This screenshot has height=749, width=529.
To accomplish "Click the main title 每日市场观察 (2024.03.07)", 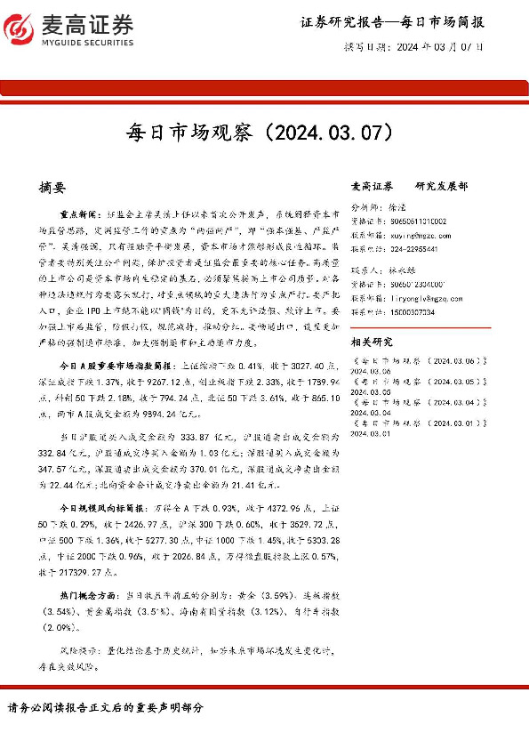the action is tap(264, 133).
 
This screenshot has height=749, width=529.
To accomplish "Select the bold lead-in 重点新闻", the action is tap(79, 215).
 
